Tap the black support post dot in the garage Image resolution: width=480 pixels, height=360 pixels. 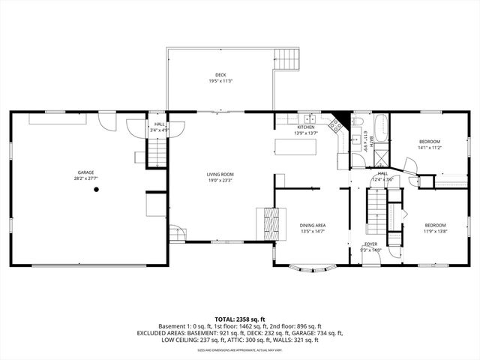[97, 190]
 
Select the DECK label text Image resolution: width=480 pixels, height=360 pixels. [220, 75]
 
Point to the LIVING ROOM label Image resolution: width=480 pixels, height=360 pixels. [220, 175]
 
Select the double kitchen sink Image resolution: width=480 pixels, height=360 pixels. [307, 118]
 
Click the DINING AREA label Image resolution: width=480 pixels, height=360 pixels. [313, 225]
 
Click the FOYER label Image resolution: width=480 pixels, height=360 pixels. [370, 244]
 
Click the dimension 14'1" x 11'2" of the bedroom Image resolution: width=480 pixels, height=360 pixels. [429, 148]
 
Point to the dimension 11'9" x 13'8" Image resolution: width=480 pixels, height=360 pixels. [435, 231]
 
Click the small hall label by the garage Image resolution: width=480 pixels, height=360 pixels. [160, 124]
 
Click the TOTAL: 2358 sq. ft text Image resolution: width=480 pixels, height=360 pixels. [240, 319]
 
